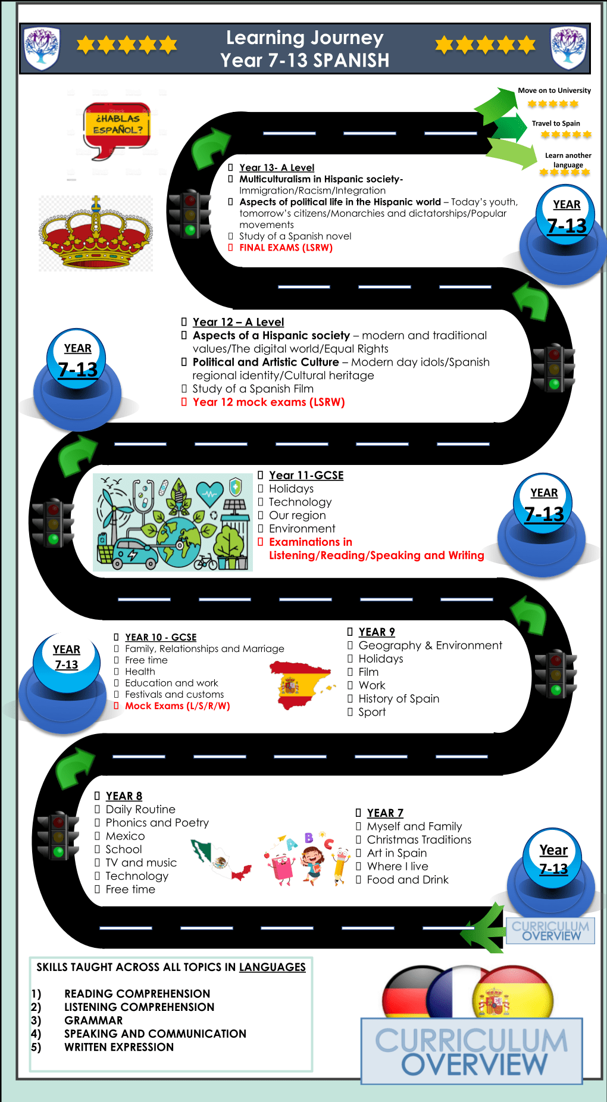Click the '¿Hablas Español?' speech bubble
pos(117,127)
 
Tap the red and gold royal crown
pos(95,234)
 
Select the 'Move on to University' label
pos(554,90)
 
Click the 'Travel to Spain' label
pos(556,123)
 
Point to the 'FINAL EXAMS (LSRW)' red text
pos(286,248)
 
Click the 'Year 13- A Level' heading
pos(277,168)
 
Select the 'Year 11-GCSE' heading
pos(306,475)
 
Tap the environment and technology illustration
pos(173,522)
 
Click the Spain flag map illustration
pos(301,685)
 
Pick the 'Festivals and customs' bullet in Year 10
pos(174,694)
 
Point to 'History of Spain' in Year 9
pos(399,698)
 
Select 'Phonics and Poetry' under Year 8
pos(157,823)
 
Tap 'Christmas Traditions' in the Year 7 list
pos(419,839)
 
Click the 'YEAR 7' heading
pos(385,813)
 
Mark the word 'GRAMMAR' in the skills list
pos(93,1020)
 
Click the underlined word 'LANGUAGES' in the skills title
pos(272,967)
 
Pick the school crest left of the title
pos(41,48)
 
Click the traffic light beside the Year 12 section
pos(554,367)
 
